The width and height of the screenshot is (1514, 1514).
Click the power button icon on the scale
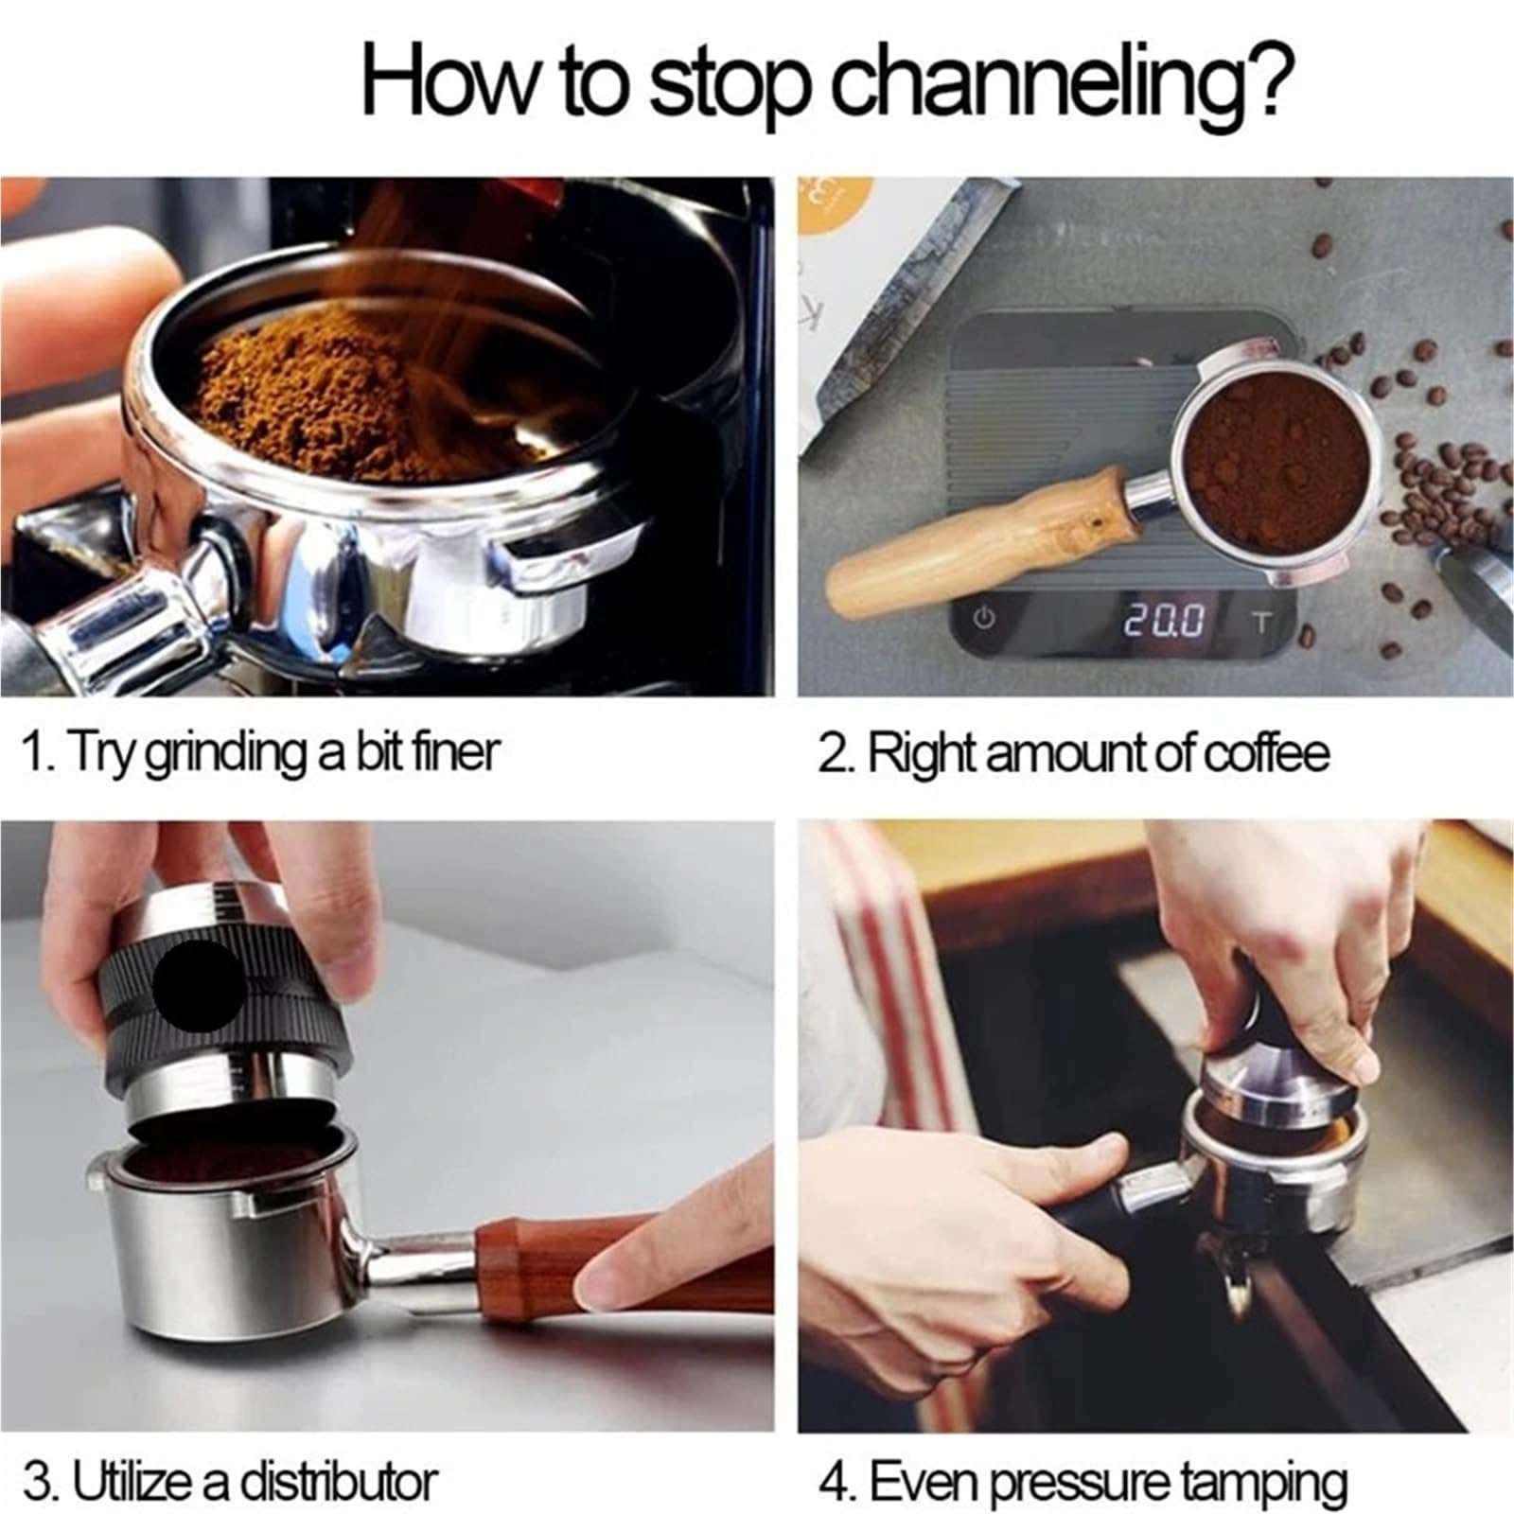(985, 620)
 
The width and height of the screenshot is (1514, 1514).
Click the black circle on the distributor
(198, 985)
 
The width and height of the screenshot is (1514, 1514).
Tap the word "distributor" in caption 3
(337, 1480)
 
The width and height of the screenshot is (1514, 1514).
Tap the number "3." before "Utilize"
(41, 1481)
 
